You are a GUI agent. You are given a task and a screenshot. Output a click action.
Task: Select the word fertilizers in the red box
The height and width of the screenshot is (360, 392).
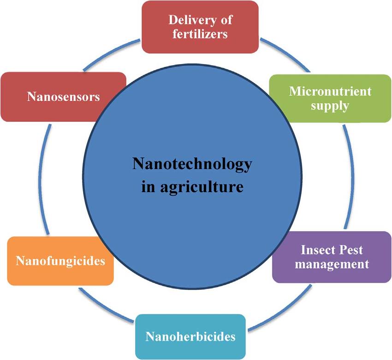(x=200, y=35)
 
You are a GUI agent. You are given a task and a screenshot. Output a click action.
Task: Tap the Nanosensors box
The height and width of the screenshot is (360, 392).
(x=63, y=97)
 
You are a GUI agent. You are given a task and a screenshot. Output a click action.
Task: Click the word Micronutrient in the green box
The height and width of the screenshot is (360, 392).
(x=330, y=91)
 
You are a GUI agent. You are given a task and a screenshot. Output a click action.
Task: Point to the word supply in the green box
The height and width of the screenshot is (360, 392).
(x=330, y=106)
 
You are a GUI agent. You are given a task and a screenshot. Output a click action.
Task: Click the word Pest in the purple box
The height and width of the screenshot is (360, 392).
(x=351, y=250)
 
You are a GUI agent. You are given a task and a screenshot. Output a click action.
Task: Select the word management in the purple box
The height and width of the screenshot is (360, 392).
(x=332, y=265)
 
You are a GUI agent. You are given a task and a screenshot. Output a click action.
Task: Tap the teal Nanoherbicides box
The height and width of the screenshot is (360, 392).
(x=190, y=336)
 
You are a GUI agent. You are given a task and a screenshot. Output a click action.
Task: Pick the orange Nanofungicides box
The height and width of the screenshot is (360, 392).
(x=60, y=261)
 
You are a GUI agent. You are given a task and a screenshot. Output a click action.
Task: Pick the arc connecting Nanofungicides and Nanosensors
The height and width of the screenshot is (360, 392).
(x=45, y=180)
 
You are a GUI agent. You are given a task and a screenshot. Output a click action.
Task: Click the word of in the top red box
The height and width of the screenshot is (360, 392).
(x=226, y=20)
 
